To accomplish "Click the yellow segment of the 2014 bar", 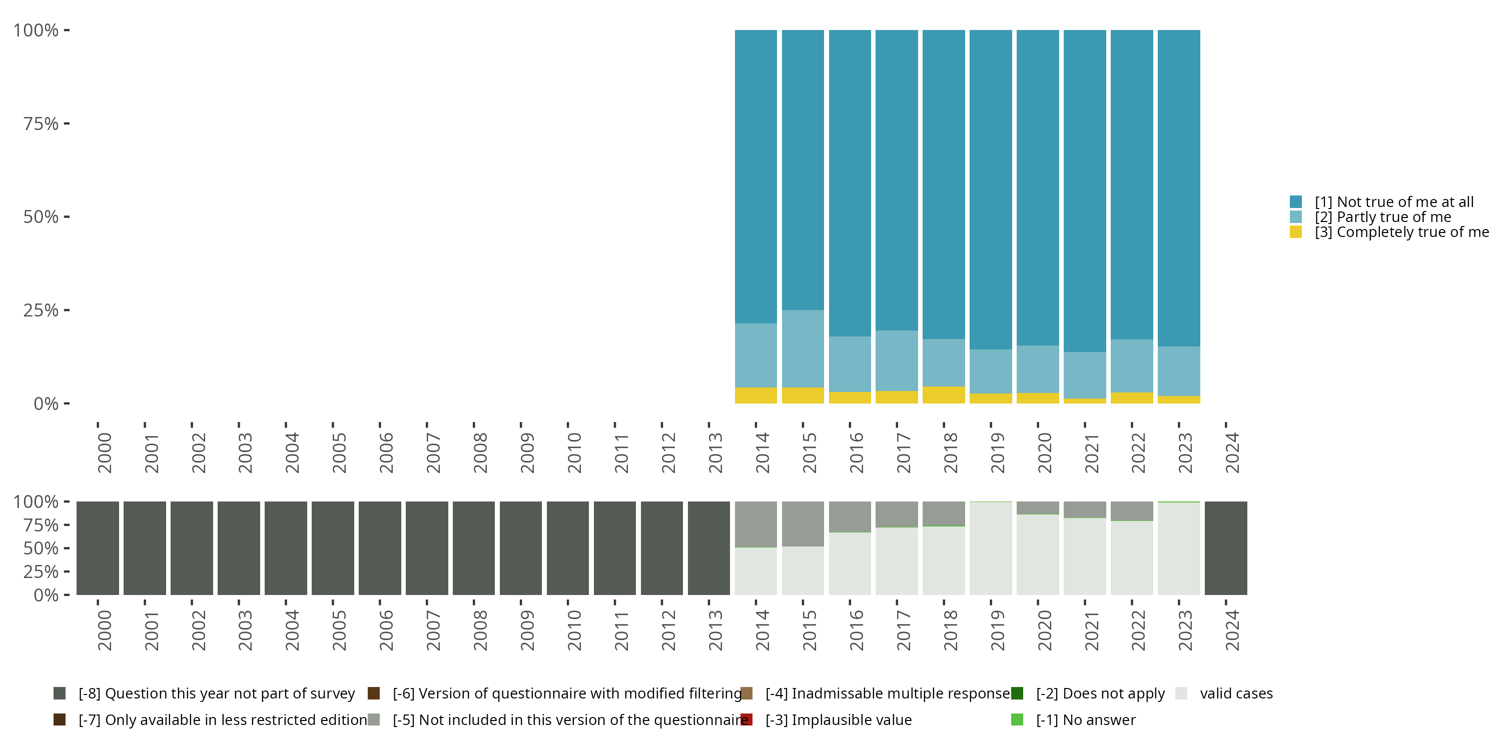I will click(x=756, y=395).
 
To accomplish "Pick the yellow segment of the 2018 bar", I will click(x=943, y=395).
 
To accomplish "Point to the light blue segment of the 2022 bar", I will click(x=1132, y=365).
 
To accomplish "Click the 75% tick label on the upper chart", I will click(x=41, y=123).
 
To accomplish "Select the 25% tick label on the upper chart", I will click(x=41, y=310).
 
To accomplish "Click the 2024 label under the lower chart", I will click(x=1232, y=630).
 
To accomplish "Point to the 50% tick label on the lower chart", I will click(x=41, y=548).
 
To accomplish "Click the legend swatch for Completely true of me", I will click(x=1296, y=232).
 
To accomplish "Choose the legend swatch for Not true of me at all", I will click(x=1296, y=202).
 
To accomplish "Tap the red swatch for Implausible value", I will click(x=747, y=719).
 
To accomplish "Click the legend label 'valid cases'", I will click(x=1236, y=693).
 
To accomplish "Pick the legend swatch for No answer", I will click(x=1017, y=719).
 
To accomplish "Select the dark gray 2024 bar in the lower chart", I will click(x=1226, y=548).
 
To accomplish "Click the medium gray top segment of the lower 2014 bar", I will click(x=756, y=524).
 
